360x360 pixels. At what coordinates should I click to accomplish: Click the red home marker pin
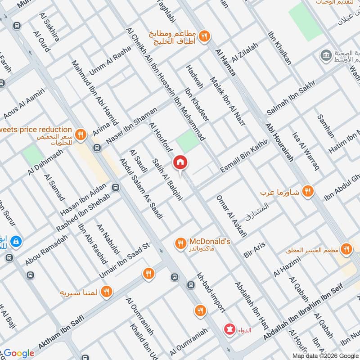[180, 163]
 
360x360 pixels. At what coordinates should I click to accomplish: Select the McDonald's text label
[210, 242]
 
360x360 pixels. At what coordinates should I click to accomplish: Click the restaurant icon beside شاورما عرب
[307, 190]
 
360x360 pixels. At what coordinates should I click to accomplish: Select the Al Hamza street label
[226, 63]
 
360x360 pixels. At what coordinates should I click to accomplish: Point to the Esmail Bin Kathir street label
[244, 155]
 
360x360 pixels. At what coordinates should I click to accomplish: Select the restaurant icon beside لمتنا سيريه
[106, 292]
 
